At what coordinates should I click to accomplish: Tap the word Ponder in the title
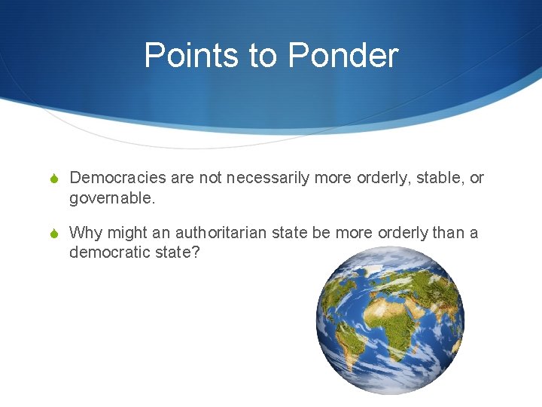343,56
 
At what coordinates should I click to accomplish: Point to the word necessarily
267,178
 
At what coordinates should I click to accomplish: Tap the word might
124,232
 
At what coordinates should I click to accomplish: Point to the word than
449,232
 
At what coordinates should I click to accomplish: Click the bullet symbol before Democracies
53,179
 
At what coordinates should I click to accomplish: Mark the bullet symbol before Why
53,233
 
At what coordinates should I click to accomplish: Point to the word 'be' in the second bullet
321,232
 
